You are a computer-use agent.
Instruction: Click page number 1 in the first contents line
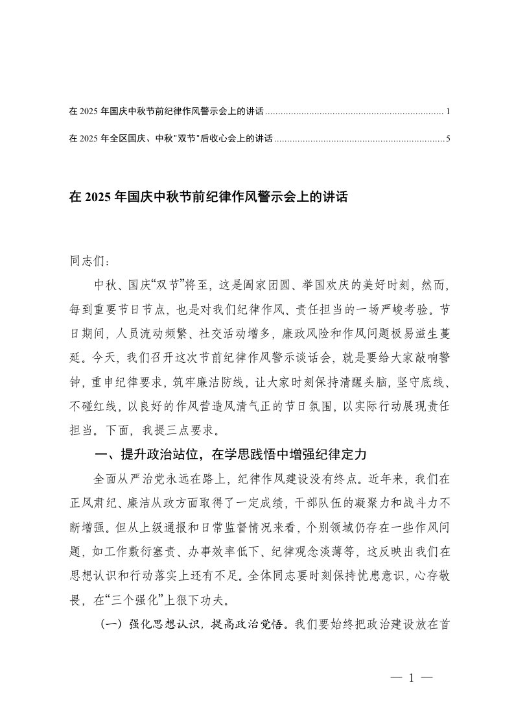pos(448,112)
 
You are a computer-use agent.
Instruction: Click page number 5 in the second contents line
pos(448,138)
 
